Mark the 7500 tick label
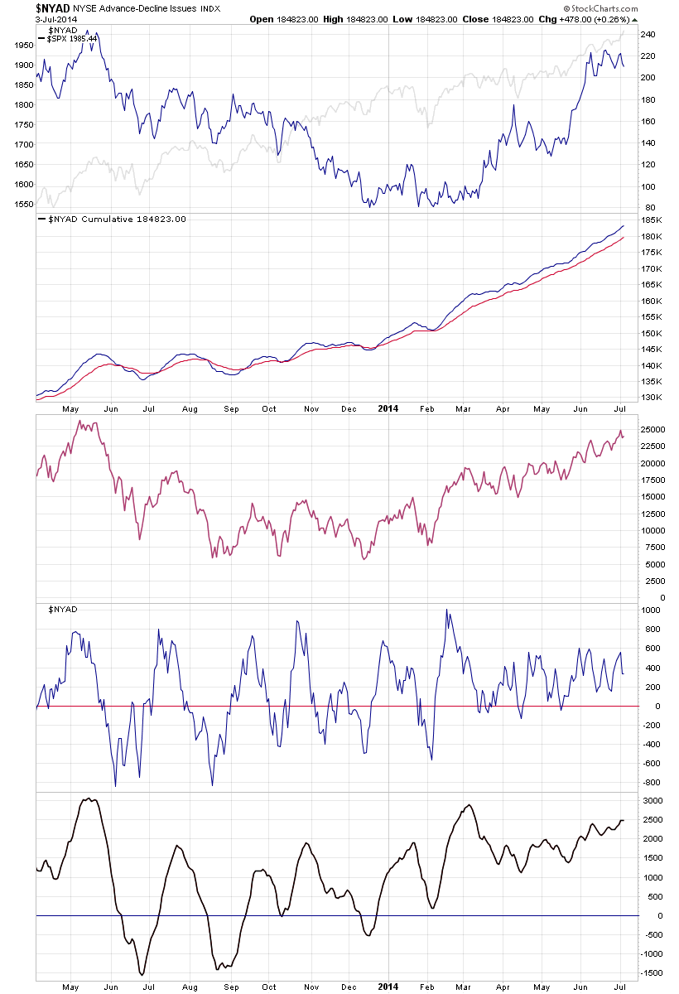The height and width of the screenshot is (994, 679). tap(653, 547)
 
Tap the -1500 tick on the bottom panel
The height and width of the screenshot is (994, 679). tap(653, 974)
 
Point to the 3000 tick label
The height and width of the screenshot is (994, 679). tap(652, 801)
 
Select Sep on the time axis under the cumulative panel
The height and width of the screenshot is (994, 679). tap(231, 408)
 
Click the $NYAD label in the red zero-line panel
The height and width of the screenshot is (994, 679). tap(63, 610)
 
